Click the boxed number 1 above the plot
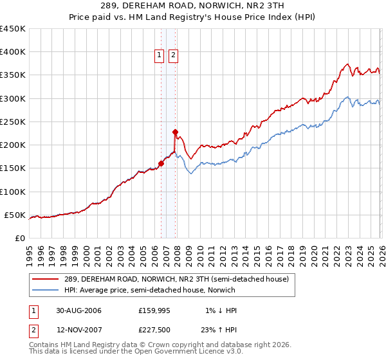(x=160, y=56)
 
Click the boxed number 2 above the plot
(x=173, y=56)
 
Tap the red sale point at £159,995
(x=161, y=163)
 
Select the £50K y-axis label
(x=15, y=215)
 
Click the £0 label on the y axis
(x=21, y=238)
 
